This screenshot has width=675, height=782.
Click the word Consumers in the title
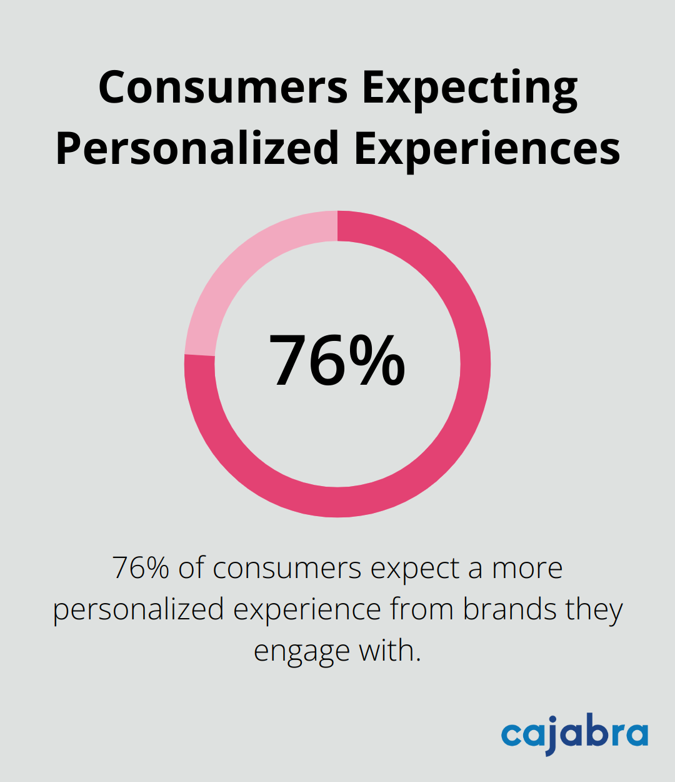tap(223, 88)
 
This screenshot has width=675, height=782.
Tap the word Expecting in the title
tap(469, 89)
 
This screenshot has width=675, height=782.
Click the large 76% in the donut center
tap(337, 362)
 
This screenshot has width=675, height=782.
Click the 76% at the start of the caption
tap(141, 568)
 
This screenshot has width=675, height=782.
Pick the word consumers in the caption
tap(287, 568)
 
